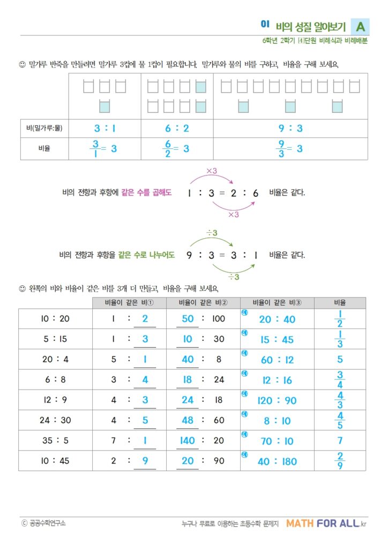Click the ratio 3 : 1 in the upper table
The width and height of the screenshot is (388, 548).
coord(105,128)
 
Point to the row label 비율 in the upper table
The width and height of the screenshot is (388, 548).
coord(44,149)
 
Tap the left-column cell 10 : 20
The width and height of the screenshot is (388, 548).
coord(55,319)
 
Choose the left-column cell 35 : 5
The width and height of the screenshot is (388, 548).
coord(55,441)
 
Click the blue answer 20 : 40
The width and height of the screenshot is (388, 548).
coord(277,319)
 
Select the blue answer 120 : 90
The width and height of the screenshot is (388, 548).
coord(277,401)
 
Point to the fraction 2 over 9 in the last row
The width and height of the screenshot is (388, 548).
coord(340,461)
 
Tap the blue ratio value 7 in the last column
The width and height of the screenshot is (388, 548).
coord(340,441)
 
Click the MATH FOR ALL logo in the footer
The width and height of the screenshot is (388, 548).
coord(327,523)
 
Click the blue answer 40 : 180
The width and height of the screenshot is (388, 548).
coord(277,461)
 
